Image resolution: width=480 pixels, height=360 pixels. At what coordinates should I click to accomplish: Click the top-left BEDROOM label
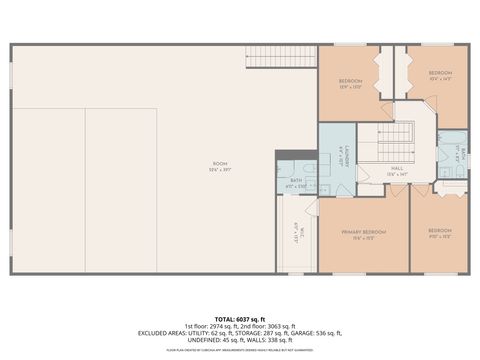(350, 82)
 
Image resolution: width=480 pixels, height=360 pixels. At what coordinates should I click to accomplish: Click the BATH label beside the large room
(296, 184)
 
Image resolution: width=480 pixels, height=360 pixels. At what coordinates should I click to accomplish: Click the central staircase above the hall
(399, 135)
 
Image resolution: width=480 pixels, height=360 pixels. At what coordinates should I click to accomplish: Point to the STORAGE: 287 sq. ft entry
(257, 333)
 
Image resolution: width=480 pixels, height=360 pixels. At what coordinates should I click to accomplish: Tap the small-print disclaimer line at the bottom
(240, 349)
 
